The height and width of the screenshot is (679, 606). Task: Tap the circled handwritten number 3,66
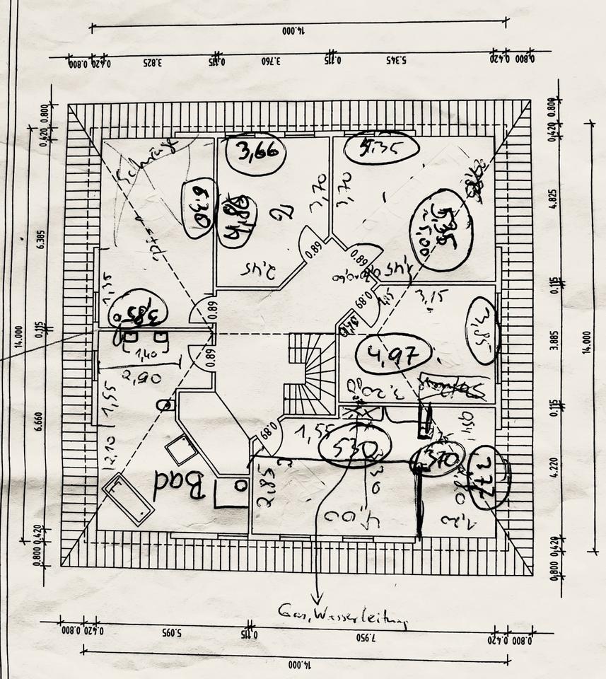pyautogui.click(x=255, y=152)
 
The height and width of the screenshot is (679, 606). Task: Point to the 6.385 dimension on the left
pyautogui.click(x=42, y=239)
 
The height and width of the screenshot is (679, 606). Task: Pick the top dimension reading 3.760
pyautogui.click(x=272, y=62)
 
